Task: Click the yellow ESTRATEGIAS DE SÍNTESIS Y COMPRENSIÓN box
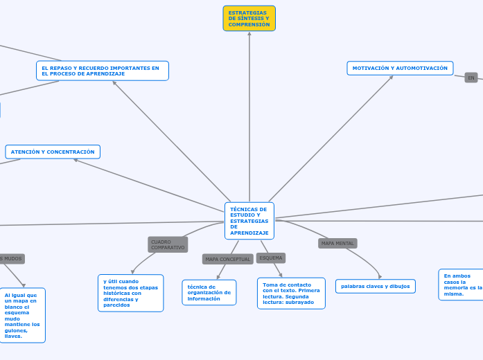click(249, 19)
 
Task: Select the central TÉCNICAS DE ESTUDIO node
click(249, 220)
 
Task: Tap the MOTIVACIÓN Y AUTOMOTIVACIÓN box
click(400, 68)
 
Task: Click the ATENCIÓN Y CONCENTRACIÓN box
click(53, 152)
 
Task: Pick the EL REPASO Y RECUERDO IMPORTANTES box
click(102, 71)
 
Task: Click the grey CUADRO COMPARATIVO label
click(168, 244)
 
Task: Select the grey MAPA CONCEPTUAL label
click(227, 259)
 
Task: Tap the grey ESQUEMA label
click(271, 258)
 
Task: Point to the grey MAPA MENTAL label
click(337, 243)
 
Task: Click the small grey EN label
click(471, 78)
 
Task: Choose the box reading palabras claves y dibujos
click(375, 286)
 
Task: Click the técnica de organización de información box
click(209, 292)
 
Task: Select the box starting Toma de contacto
click(291, 293)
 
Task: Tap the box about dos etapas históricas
click(130, 293)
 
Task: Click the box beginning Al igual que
click(22, 315)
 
